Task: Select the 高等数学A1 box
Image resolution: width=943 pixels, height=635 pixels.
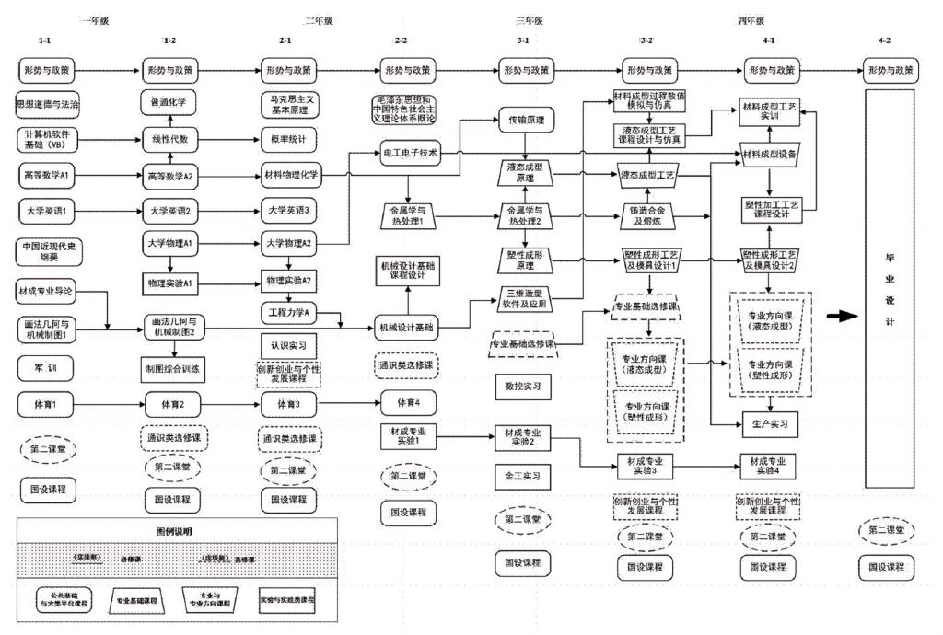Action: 48,172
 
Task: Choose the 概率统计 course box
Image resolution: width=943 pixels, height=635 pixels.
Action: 289,138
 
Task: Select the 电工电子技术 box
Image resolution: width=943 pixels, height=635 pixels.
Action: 409,151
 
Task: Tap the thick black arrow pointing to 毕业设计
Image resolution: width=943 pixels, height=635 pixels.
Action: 841,316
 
